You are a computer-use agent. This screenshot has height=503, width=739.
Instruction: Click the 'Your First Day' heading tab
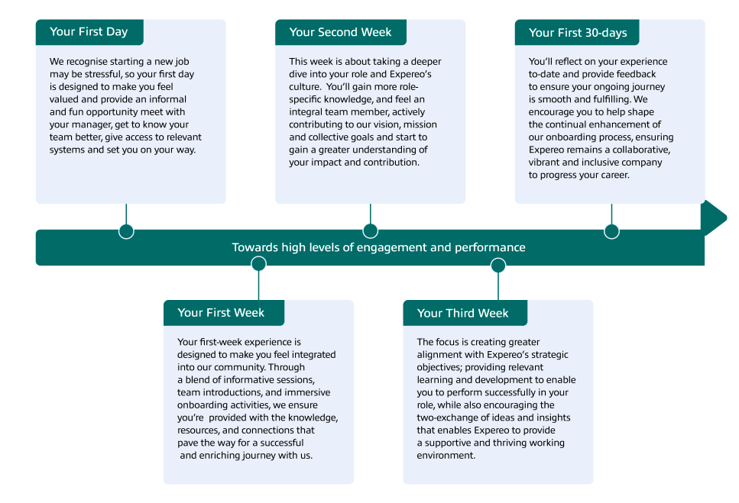[89, 32]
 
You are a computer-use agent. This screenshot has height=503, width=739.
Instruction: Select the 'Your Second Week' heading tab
[341, 32]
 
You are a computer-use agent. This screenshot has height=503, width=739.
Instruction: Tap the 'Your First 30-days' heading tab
[577, 32]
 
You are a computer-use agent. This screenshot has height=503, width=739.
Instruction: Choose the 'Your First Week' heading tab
[224, 312]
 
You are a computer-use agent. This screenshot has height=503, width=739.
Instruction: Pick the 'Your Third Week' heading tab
[465, 312]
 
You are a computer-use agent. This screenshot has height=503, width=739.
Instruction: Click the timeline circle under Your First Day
[126, 231]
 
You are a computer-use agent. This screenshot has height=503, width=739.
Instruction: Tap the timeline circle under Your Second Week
[371, 231]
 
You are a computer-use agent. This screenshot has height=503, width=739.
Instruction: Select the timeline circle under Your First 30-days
[611, 231]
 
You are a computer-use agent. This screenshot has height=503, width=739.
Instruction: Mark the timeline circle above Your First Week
[259, 264]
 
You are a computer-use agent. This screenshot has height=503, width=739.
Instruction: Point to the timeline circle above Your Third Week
[498, 266]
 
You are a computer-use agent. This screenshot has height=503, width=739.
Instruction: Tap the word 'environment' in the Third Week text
[446, 456]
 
